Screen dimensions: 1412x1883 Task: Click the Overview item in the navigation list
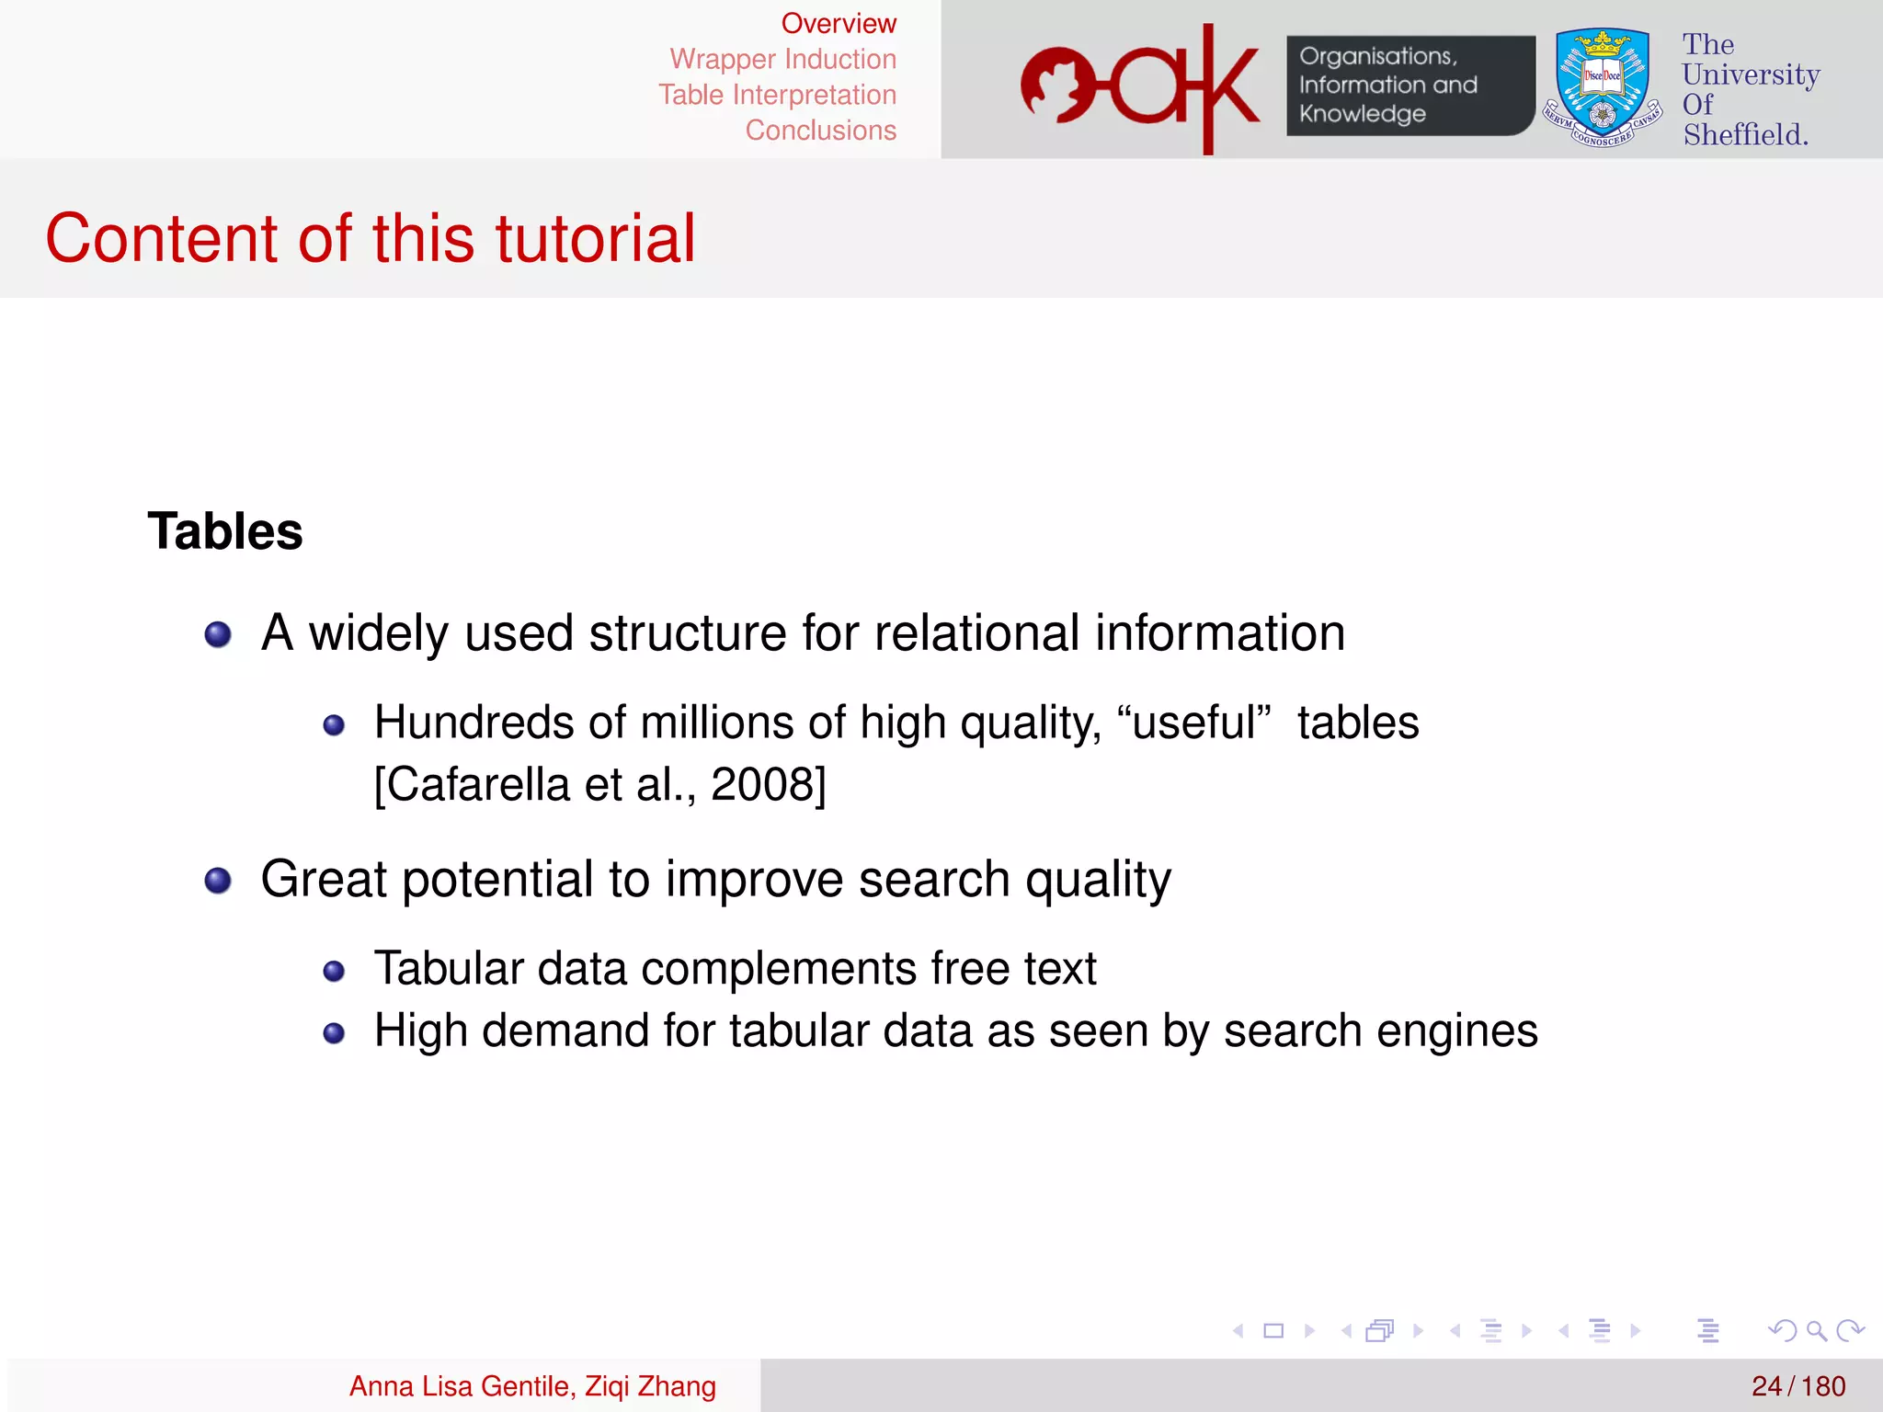(838, 24)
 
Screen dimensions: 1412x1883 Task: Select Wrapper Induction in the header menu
(782, 60)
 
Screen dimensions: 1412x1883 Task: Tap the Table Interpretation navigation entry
(777, 96)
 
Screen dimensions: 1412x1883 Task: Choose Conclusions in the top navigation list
(820, 131)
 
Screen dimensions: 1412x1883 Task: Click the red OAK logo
(1140, 88)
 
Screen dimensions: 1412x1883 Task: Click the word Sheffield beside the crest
(1744, 135)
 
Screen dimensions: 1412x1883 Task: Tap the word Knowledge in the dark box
(1362, 114)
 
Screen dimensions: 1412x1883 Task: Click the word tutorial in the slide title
(595, 239)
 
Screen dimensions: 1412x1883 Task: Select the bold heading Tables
(225, 531)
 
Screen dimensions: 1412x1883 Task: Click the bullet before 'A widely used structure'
(218, 634)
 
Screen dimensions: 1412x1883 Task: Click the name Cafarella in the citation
(479, 785)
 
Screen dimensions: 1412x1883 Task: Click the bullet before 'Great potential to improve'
(218, 881)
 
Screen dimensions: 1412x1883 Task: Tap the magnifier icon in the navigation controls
(1816, 1330)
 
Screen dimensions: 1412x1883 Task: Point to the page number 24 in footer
(1766, 1386)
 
